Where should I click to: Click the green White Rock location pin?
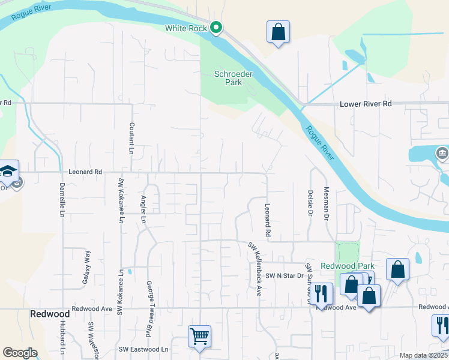217,28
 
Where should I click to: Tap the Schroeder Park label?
234,78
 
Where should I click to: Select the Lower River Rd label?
366,104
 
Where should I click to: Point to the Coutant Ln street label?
131,139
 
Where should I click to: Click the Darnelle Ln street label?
62,201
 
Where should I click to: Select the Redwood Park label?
347,266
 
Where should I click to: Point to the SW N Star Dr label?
285,275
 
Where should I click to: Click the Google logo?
20,353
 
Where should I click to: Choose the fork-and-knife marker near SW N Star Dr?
322,293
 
